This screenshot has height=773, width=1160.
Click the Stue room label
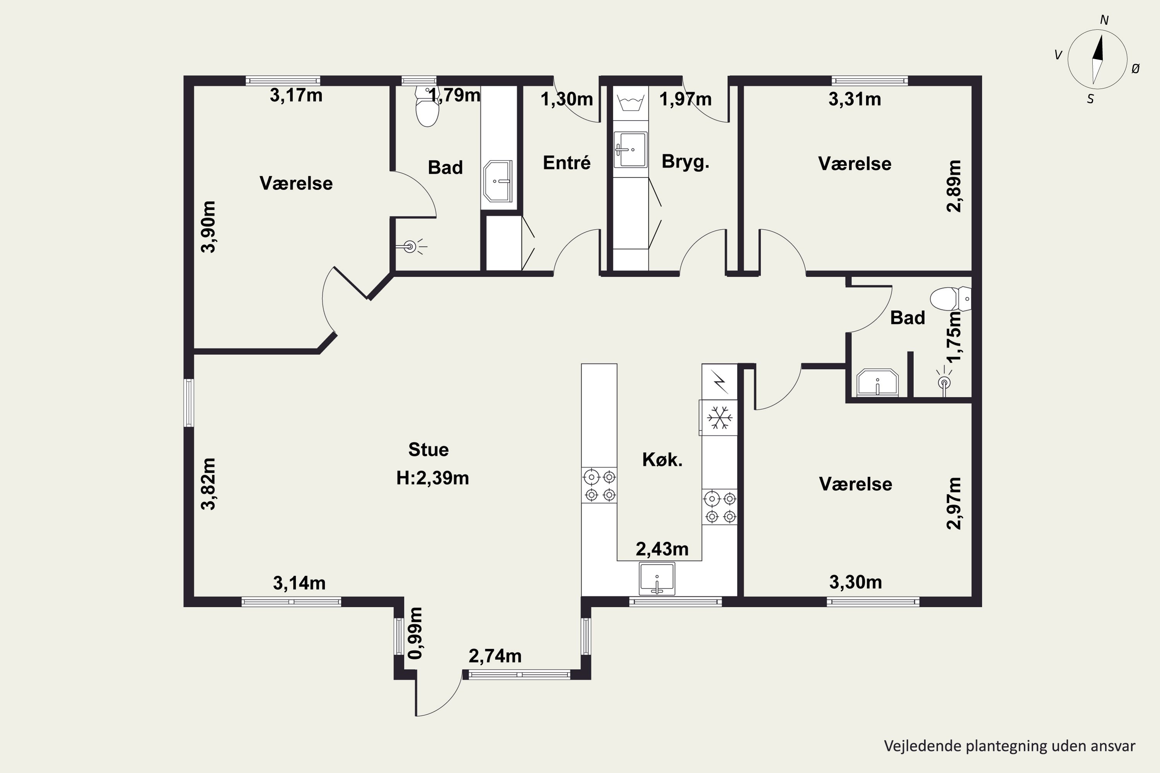pos(428,449)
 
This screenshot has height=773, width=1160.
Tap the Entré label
pos(567,163)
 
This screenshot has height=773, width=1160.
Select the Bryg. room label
pos(686,162)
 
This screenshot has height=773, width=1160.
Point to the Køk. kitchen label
pos(662,460)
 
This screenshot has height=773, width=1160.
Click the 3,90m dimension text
pos(209,227)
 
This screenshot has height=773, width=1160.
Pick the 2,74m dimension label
pos(495,656)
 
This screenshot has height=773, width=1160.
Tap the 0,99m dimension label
pos(415,633)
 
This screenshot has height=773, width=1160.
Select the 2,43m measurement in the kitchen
pos(662,549)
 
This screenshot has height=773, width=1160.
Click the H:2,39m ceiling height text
pos(433,478)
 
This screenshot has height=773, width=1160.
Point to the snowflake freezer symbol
pos(720,417)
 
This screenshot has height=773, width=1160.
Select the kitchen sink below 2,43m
pos(657,579)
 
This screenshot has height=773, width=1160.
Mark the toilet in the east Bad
pos(950,299)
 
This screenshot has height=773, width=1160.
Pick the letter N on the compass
pos(1104,20)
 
